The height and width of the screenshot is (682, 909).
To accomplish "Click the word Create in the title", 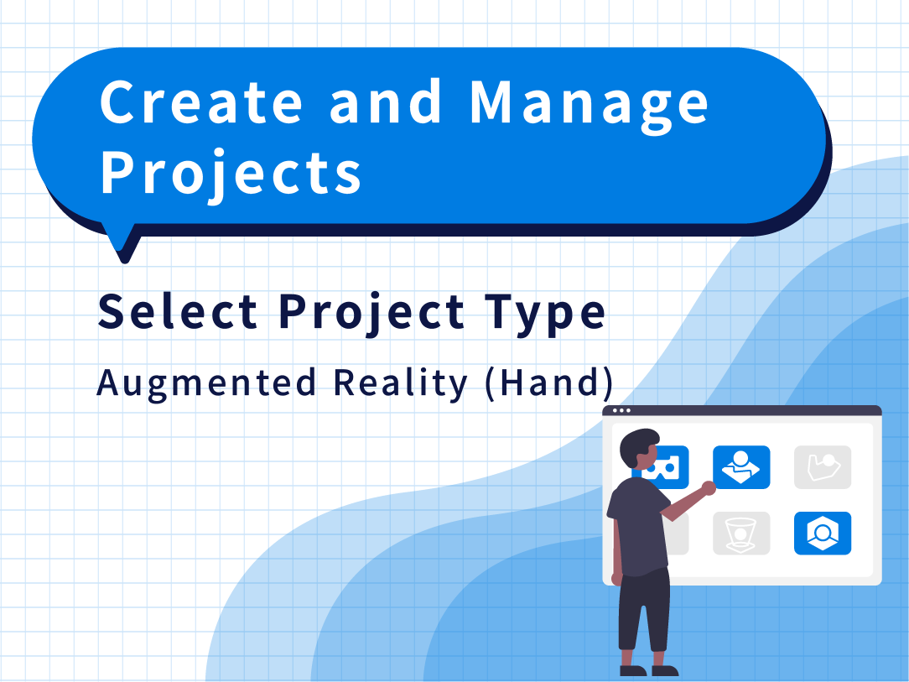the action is [x=201, y=102].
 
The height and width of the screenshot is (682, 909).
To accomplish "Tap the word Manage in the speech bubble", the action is [x=589, y=107].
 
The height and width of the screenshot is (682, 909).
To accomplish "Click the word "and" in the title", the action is [x=386, y=102].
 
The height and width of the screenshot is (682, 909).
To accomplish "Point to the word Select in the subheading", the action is [x=178, y=311].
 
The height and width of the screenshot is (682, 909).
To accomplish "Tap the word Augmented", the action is [x=206, y=385].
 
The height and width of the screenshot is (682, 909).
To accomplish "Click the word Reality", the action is [x=400, y=384].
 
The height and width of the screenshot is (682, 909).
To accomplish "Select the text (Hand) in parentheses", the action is [x=549, y=383].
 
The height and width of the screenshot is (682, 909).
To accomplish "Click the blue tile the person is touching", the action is [x=741, y=467].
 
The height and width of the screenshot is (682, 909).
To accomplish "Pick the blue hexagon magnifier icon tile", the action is [x=823, y=533].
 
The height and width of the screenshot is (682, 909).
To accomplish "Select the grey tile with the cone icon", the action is [x=741, y=533].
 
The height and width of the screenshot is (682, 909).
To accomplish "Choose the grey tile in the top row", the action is [x=823, y=467].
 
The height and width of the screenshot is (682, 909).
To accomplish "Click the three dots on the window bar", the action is [x=621, y=410].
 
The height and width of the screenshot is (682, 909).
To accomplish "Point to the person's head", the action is [x=640, y=448].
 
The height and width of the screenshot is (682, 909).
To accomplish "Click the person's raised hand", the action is [x=709, y=487].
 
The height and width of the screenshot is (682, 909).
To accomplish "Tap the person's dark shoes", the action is [x=649, y=670].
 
